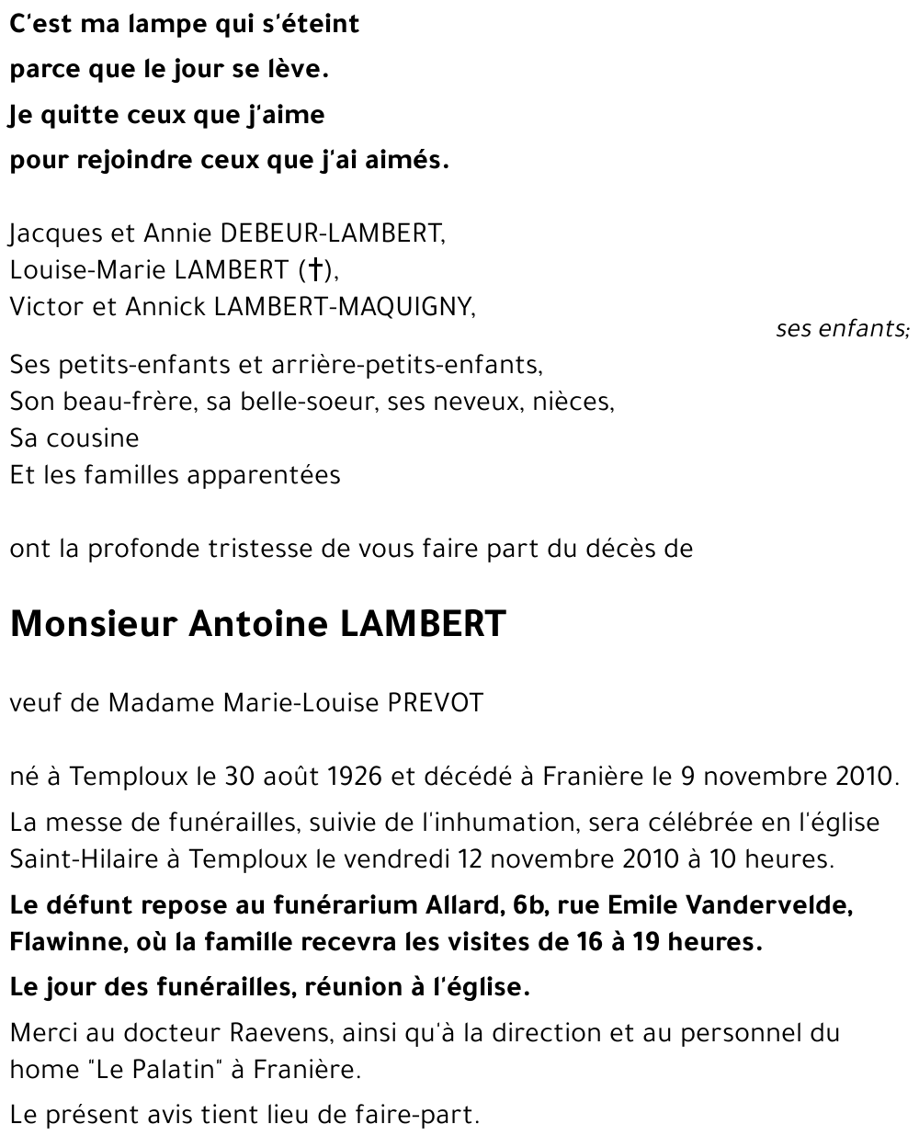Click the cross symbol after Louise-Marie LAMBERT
tap(314, 270)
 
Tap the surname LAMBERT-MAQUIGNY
tap(344, 307)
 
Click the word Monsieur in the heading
tap(93, 624)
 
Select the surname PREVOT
tap(436, 703)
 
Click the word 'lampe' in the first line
tap(174, 24)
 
